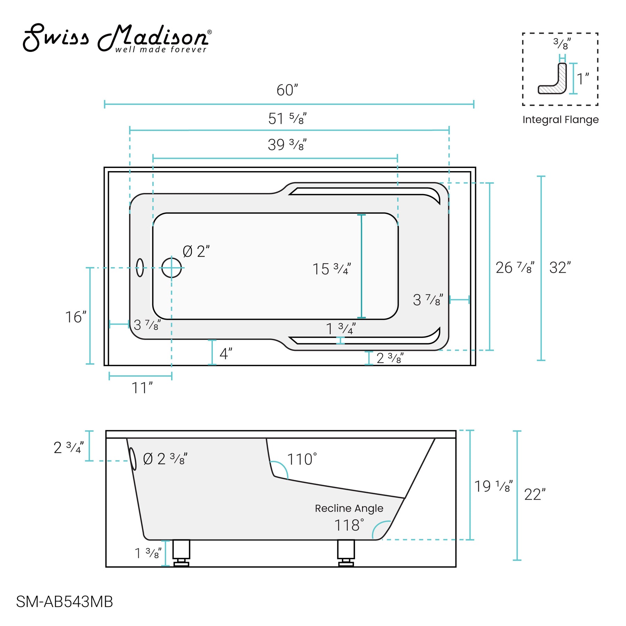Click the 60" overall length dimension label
click(287, 90)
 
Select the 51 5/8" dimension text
click(287, 119)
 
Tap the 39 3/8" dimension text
click(287, 145)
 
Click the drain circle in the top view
click(171, 268)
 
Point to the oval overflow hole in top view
click(140, 267)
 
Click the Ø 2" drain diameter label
click(196, 251)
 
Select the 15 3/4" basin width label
click(331, 269)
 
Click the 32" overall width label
click(560, 268)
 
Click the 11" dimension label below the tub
click(142, 388)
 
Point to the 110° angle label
click(302, 459)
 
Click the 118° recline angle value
click(349, 525)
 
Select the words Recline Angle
click(349, 508)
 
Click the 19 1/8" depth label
click(493, 487)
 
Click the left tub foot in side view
click(181, 553)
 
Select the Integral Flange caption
click(560, 120)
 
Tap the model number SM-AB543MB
click(64, 602)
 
